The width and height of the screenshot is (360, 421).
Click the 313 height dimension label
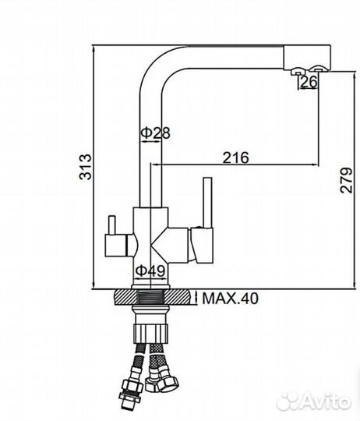click(86, 167)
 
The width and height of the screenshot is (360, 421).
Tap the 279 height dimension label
click(346, 180)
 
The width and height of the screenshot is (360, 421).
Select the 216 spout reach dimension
click(236, 157)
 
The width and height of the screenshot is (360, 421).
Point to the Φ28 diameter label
click(156, 133)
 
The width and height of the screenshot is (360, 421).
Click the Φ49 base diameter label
click(150, 271)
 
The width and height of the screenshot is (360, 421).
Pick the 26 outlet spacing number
click(309, 82)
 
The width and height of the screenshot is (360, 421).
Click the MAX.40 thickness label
click(231, 299)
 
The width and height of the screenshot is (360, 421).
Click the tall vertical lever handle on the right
click(208, 203)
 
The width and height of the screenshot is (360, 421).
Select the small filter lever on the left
click(111, 225)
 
